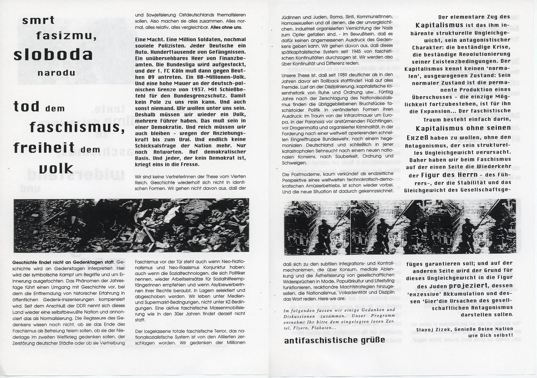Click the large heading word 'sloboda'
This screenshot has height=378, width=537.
tap(53, 55)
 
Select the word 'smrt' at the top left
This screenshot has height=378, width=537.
tap(38, 20)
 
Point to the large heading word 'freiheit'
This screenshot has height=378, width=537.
tap(44, 147)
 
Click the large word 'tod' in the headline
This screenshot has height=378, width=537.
tap(27, 107)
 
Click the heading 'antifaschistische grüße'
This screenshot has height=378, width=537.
tap(335, 341)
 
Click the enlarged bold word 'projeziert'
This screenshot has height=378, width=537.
tap(468, 286)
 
